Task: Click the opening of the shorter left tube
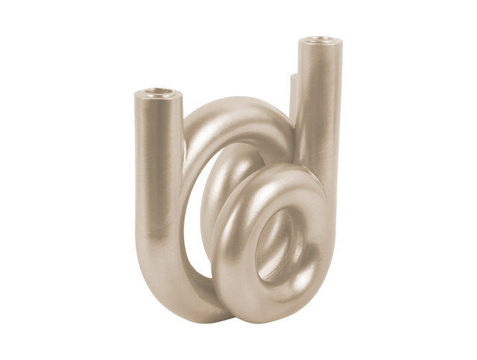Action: pyautogui.click(x=158, y=92)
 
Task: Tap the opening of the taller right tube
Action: pyautogui.click(x=320, y=39)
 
